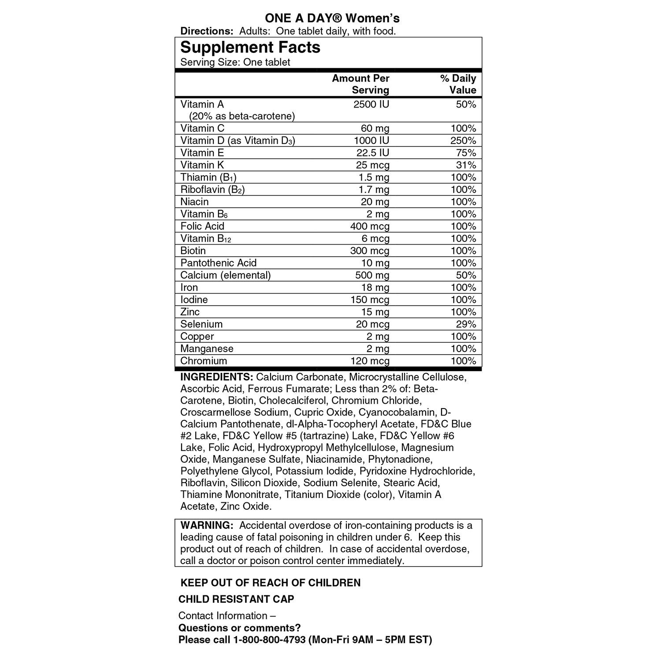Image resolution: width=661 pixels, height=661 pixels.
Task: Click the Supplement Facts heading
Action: [x=250, y=48]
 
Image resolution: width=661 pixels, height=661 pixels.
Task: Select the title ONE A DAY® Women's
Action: [x=332, y=18]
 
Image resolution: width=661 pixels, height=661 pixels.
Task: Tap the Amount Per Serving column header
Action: [x=360, y=84]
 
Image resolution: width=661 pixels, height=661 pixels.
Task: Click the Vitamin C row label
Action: [x=202, y=128]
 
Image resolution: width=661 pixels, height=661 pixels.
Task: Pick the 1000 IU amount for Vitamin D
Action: [x=371, y=141]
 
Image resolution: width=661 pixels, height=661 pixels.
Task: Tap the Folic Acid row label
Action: [x=202, y=227]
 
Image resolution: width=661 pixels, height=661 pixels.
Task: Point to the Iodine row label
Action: [x=194, y=300]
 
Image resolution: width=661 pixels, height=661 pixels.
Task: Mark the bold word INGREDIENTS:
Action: [x=216, y=377]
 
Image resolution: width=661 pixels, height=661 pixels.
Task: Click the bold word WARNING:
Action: [x=206, y=525]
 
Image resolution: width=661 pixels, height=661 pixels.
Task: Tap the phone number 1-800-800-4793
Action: [x=269, y=640]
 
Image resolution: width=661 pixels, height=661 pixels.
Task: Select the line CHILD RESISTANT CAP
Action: [x=236, y=599]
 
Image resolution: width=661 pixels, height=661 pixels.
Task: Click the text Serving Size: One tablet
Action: [x=235, y=62]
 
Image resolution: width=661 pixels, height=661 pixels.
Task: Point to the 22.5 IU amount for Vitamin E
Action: [x=373, y=153]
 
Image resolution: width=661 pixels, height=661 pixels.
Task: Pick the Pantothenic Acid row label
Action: [x=218, y=263]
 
